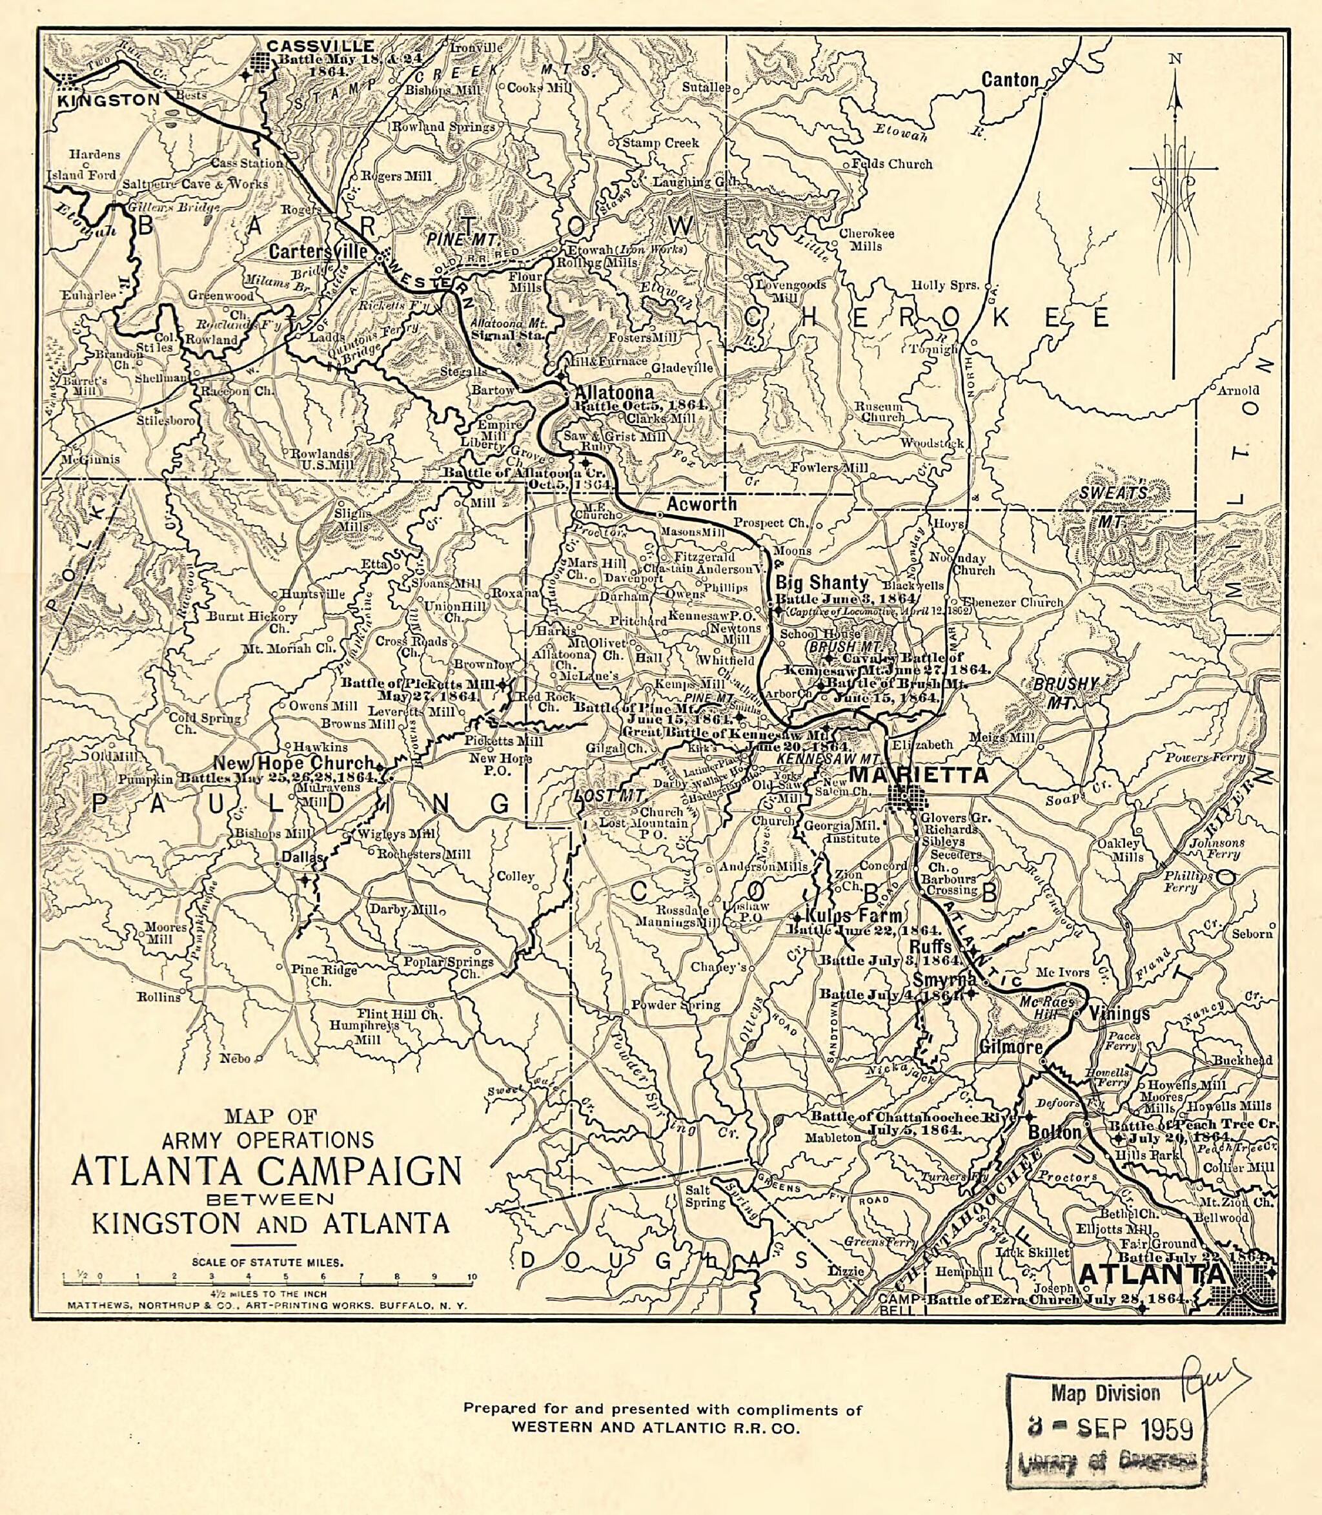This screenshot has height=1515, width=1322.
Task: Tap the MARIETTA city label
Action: [x=918, y=775]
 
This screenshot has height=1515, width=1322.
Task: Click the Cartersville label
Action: [x=318, y=251]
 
